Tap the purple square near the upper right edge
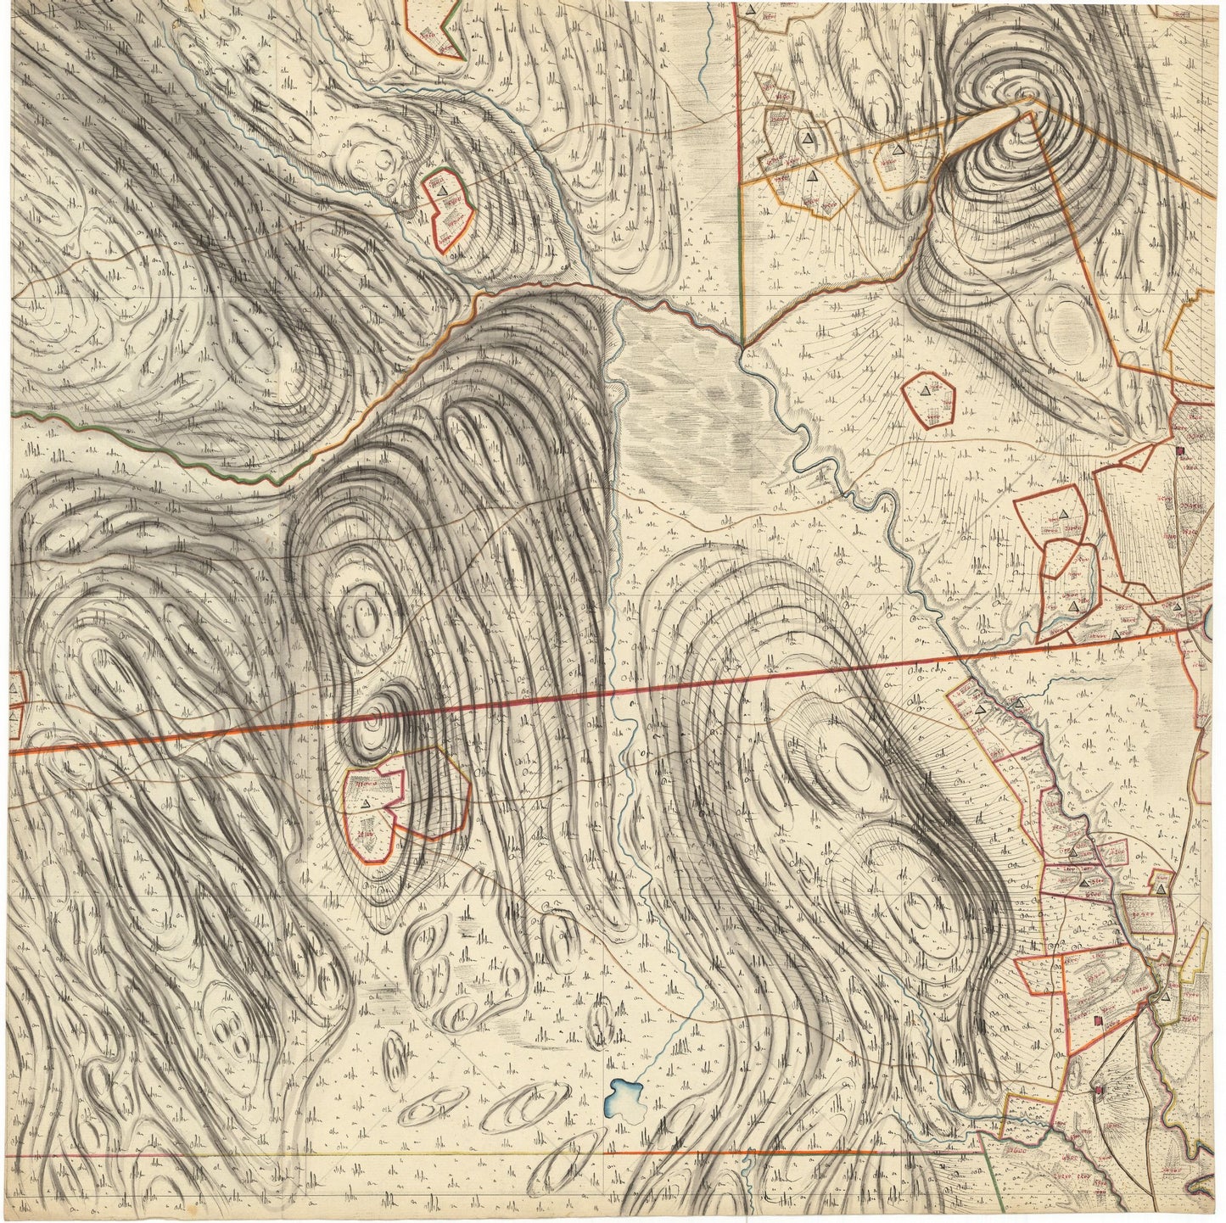(x=1179, y=451)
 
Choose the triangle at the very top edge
(x=751, y=9)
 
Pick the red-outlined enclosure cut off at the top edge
(x=433, y=25)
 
